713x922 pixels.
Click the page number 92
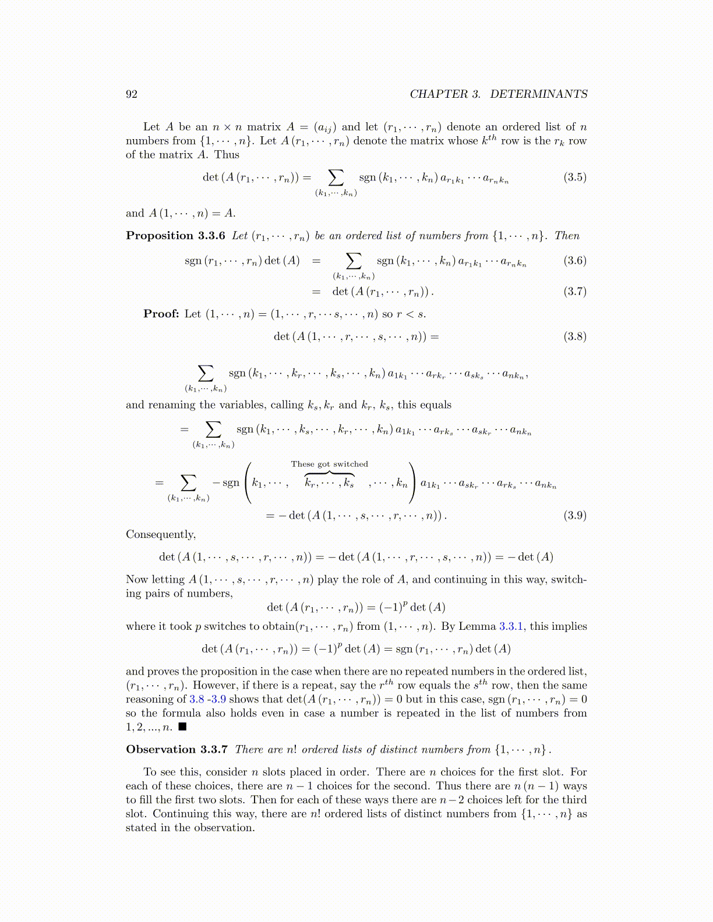(132, 94)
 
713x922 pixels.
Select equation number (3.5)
(574, 178)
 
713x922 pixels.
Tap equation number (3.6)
(574, 261)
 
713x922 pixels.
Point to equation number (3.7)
(574, 292)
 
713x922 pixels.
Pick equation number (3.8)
(574, 336)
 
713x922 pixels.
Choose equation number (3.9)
(574, 515)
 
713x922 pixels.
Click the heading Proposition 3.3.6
(175, 236)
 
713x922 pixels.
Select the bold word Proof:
(161, 314)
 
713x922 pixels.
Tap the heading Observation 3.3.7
(177, 750)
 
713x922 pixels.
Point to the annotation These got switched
(330, 464)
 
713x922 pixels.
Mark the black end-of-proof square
(182, 727)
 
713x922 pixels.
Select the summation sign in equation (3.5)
(336, 177)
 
